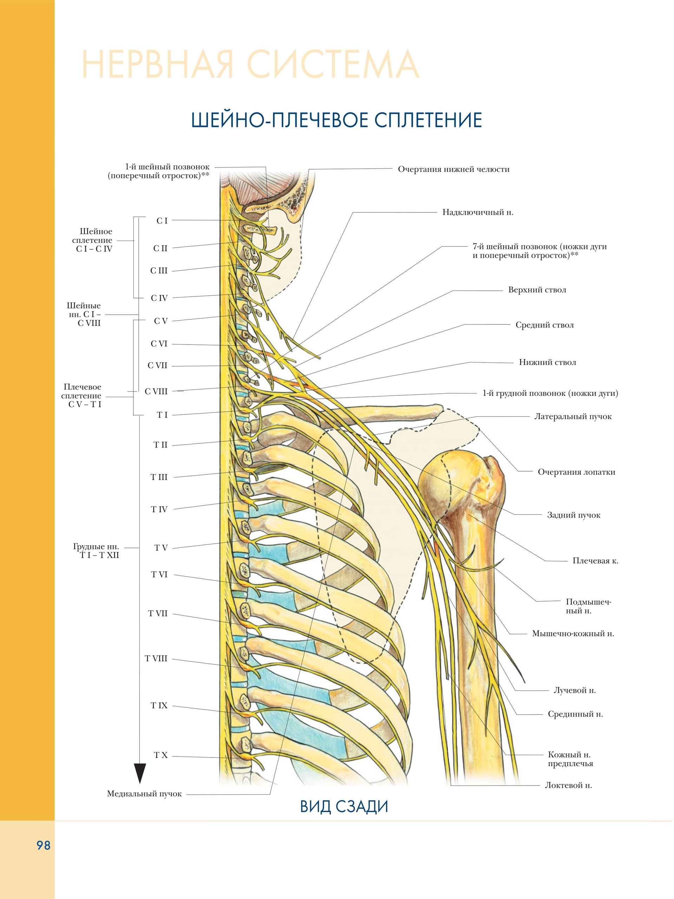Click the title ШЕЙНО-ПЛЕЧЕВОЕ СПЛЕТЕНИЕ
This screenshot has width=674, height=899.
pyautogui.click(x=336, y=121)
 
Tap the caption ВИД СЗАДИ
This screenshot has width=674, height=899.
pyautogui.click(x=344, y=807)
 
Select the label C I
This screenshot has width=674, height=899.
pyautogui.click(x=162, y=221)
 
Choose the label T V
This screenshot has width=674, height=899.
pyautogui.click(x=161, y=548)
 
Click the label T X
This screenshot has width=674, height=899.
pyautogui.click(x=161, y=755)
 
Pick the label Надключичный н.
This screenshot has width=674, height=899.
pyautogui.click(x=478, y=212)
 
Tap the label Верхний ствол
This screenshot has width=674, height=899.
pyautogui.click(x=537, y=290)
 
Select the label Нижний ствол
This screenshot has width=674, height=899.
pyautogui.click(x=547, y=362)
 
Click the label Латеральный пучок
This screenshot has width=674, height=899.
pyautogui.click(x=573, y=416)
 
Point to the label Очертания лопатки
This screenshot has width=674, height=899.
pyautogui.click(x=576, y=472)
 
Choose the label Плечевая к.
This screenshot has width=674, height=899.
pyautogui.click(x=595, y=561)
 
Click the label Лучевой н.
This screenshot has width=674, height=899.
pyautogui.click(x=574, y=690)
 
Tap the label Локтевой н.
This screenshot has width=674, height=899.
pyautogui.click(x=568, y=785)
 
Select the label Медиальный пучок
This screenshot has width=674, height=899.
pyautogui.click(x=144, y=794)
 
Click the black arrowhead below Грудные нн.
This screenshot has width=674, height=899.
pyautogui.click(x=140, y=773)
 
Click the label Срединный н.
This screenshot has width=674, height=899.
pyautogui.click(x=575, y=714)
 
